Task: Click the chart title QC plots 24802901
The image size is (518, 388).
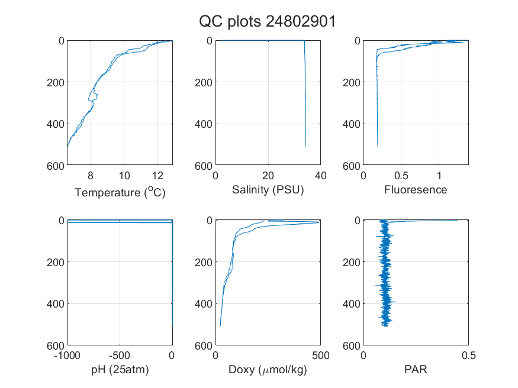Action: click(267, 22)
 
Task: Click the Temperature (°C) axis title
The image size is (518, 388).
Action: click(120, 192)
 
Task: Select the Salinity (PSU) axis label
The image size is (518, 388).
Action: click(268, 190)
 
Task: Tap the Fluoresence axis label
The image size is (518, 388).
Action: click(416, 190)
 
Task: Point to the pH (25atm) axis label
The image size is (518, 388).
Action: click(120, 370)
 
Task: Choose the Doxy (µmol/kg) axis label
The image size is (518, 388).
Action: click(268, 370)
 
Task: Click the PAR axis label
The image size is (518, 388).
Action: click(416, 369)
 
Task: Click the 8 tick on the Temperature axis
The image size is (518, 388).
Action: click(91, 176)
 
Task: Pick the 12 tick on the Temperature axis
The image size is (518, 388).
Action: click(157, 176)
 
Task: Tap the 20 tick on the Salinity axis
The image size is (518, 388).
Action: click(268, 176)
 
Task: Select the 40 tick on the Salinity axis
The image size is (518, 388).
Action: click(320, 176)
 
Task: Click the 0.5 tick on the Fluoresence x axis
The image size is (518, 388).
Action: click(401, 176)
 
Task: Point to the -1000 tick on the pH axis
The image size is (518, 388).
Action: click(67, 355)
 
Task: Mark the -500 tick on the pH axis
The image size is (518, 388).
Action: click(120, 355)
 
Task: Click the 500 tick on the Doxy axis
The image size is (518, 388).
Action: click(320, 355)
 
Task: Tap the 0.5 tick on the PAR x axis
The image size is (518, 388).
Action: click(468, 355)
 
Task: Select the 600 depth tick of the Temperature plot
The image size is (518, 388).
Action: click(56, 166)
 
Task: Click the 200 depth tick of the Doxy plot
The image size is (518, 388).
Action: click(204, 262)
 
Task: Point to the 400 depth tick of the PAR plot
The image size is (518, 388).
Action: click(352, 304)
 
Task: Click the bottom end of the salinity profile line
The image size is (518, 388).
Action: click(305, 146)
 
